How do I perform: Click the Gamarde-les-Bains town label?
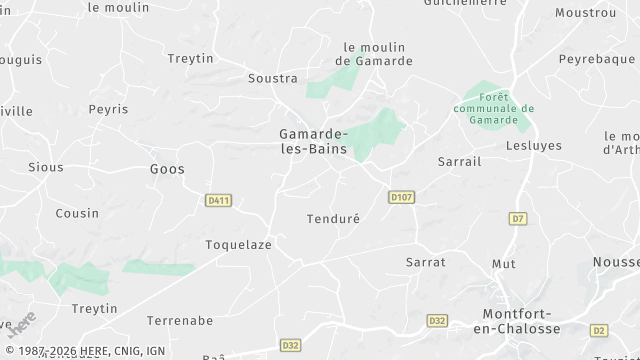pos(313,141)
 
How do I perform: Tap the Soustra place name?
pos(273,78)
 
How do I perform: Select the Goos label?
pos(167,169)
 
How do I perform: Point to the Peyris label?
pos(108,109)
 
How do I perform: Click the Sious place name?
pos(45,167)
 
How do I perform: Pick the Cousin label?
pos(77,213)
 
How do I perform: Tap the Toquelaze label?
pos(238,244)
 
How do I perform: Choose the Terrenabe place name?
pos(180,321)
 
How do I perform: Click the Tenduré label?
pos(332,218)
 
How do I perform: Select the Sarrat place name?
pos(425,262)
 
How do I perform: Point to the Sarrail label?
pos(460,161)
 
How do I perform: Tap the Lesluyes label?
pos(534,145)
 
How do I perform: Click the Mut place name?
pos(504,264)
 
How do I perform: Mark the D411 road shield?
pos(218,201)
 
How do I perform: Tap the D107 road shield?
pos(402,197)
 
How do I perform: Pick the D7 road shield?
pos(517,218)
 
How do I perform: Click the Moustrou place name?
pos(585,13)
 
